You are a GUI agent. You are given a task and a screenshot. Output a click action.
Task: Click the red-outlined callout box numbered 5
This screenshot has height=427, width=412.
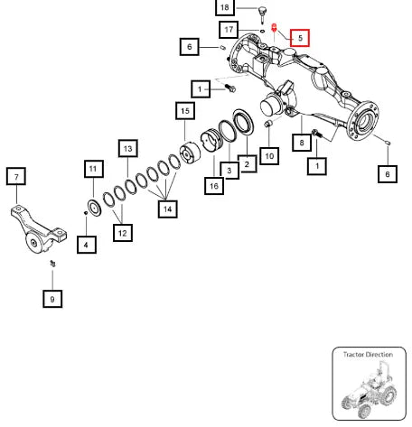pos(300,38)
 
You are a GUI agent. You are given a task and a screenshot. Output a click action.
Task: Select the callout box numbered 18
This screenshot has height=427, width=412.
pos(225,7)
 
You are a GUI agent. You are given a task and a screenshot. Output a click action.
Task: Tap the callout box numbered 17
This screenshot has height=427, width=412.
pos(229,30)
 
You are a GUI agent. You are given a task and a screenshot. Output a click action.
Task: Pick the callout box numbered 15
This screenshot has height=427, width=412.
pos(185,111)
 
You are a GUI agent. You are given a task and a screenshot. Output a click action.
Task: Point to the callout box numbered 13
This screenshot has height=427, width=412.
pos(128,148)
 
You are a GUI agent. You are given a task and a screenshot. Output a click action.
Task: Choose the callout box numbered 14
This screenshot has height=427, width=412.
pos(167,209)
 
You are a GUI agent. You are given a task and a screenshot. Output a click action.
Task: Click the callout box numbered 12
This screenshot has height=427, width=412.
pos(123,233)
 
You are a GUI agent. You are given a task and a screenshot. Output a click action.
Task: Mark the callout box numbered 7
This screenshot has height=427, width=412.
pos(16,176)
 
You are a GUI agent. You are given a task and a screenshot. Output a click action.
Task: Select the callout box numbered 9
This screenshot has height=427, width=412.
pos(52,299)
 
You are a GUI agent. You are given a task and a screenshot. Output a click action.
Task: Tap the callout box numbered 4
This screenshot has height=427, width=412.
pos(87,245)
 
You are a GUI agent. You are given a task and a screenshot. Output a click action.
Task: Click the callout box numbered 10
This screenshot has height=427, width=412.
pos(269,156)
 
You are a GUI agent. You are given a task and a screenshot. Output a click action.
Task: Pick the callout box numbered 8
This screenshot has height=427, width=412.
pos(302,143)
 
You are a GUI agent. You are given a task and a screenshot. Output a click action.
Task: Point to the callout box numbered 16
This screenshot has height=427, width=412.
pos(214,186)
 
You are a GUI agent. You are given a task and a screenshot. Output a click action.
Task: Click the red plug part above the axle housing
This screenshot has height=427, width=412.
pos(274,29)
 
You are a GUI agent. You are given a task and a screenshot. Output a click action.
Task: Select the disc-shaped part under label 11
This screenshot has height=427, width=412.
pos(94,208)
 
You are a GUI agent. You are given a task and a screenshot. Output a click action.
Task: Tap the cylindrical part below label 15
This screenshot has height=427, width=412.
pos(190,153)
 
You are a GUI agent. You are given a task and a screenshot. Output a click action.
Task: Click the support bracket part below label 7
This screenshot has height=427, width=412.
pos(38,229)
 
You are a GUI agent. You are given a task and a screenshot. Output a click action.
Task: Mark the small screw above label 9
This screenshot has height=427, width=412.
pos(53,264)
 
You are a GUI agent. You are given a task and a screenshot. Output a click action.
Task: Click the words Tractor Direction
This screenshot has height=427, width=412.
pos(368,355)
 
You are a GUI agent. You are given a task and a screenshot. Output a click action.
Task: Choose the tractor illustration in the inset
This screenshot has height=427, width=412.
pos(370,390)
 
